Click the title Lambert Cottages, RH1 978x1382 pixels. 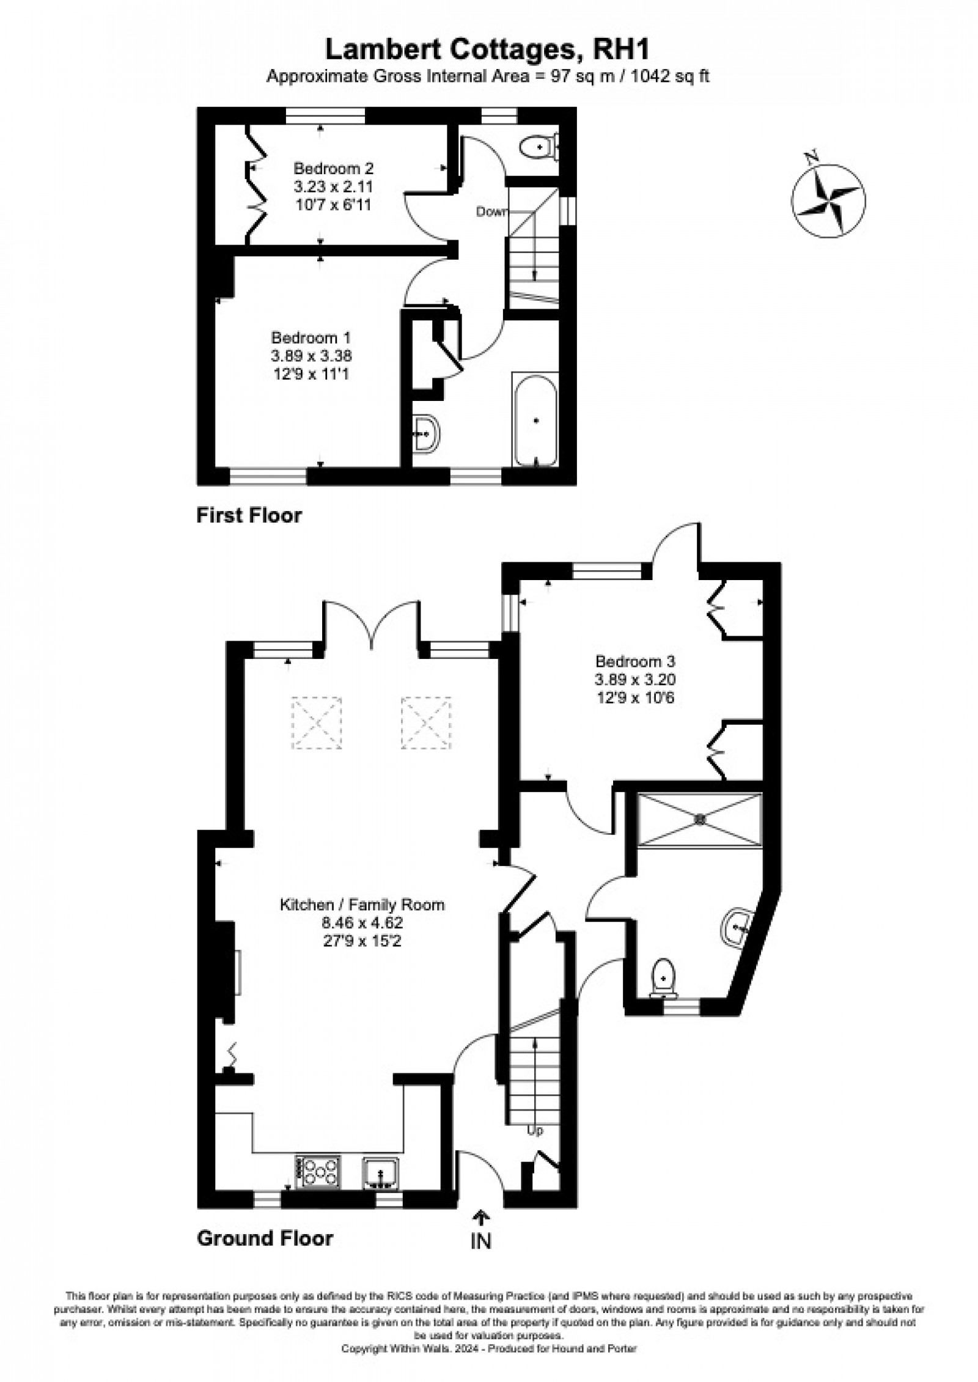487,50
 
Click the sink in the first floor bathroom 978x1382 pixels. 425,433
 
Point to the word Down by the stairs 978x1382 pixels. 492,212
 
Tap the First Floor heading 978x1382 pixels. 249,515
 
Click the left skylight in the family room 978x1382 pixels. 317,722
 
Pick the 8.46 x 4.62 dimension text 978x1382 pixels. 362,922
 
